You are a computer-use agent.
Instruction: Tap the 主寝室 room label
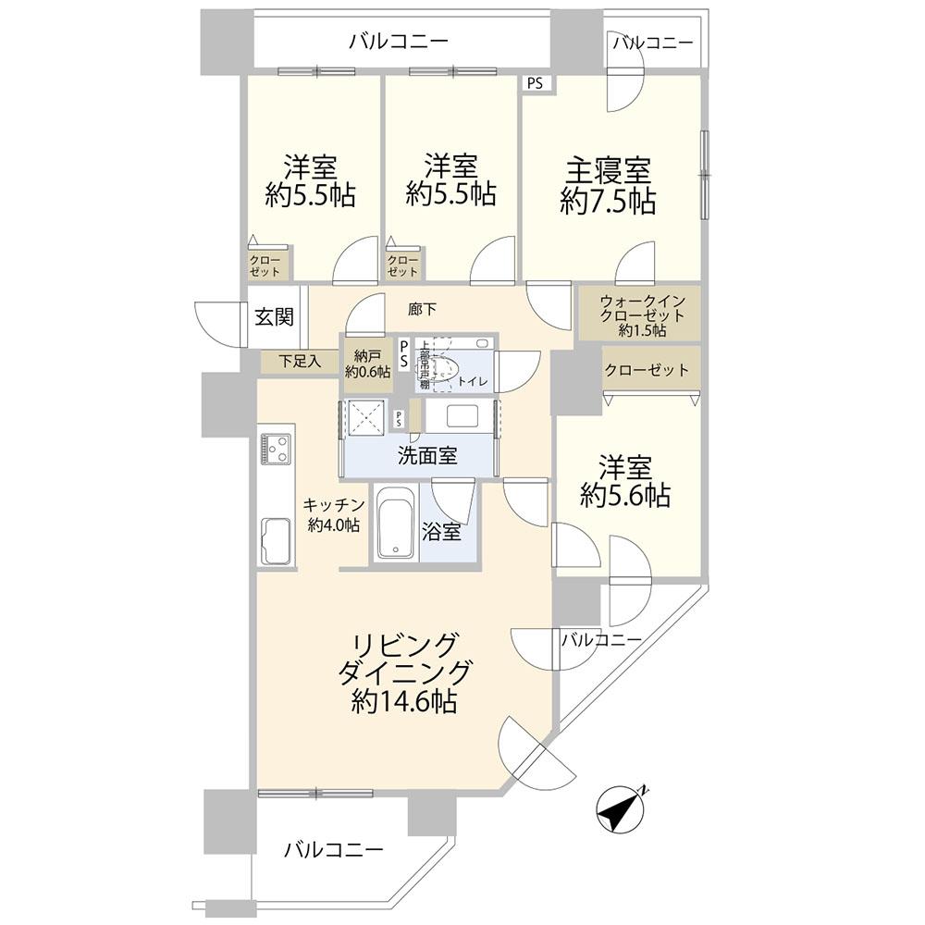tap(608, 171)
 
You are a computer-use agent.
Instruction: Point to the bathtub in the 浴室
tap(395, 523)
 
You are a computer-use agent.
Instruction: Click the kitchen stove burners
tap(277, 449)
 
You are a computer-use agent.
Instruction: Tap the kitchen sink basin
tap(277, 539)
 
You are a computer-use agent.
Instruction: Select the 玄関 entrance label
tap(274, 317)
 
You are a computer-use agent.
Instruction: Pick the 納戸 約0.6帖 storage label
tap(366, 364)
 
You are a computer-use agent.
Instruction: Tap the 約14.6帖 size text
tap(403, 702)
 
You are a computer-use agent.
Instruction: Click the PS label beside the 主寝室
tap(536, 84)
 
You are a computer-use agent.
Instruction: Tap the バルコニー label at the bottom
tap(333, 848)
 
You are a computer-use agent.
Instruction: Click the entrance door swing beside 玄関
tap(219, 322)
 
